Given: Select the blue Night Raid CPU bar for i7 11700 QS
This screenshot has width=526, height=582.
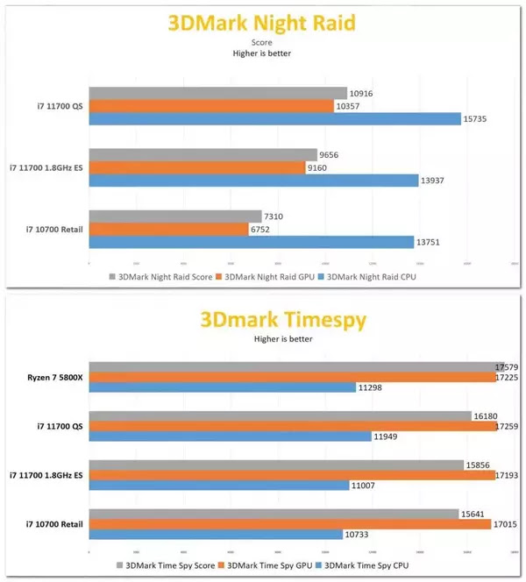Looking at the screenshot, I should point(274,118).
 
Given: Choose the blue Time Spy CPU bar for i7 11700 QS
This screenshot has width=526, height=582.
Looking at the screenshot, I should point(230,436).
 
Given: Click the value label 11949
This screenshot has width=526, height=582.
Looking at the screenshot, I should point(387,436).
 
